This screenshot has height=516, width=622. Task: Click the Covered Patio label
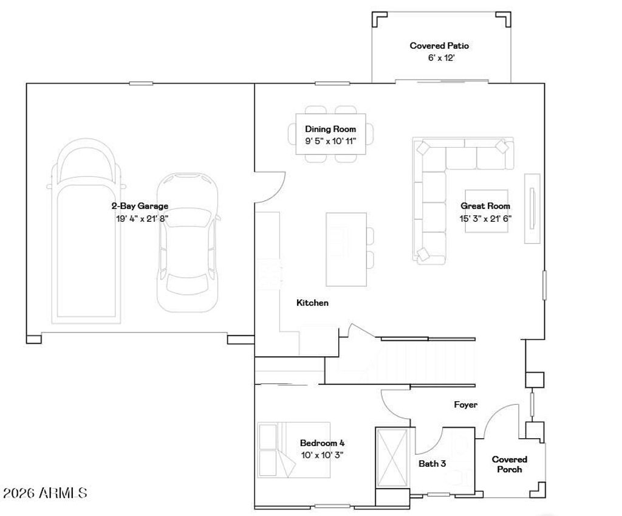(x=439, y=46)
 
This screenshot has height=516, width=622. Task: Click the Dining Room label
(x=330, y=129)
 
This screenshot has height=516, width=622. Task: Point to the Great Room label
(x=485, y=206)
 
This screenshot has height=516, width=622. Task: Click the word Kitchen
(x=312, y=303)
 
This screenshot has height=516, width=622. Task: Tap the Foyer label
(x=466, y=404)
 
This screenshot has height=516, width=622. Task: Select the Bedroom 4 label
(x=323, y=443)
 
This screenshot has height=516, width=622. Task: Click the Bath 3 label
(x=432, y=463)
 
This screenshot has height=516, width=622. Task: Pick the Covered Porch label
(x=510, y=464)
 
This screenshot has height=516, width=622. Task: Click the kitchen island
(x=346, y=249)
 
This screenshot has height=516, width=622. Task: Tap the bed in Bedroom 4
(x=293, y=450)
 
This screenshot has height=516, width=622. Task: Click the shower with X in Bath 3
(x=392, y=457)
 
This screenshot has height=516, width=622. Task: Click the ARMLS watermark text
(x=44, y=493)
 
